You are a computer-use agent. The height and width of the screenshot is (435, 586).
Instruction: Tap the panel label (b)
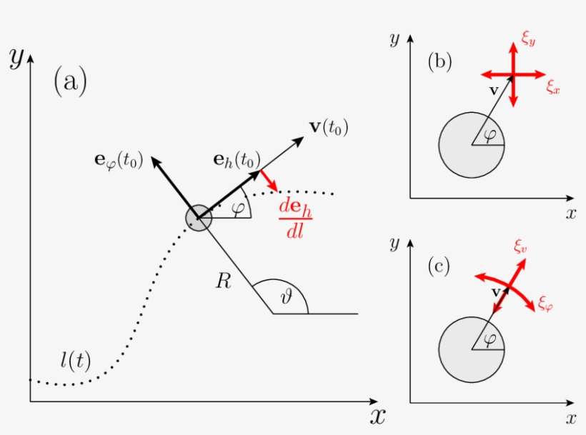[x=439, y=63]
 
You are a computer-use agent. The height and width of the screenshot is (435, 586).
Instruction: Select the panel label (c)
[x=439, y=268]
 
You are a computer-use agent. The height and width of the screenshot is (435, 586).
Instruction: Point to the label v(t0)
[x=329, y=128]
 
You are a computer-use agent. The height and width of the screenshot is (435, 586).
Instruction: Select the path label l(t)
[x=75, y=361]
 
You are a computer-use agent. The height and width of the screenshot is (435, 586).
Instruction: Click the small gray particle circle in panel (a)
[x=199, y=219]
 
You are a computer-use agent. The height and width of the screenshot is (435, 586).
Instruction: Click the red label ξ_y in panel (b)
[x=528, y=41]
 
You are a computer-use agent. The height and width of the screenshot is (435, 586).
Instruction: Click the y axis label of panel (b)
[x=394, y=39]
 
